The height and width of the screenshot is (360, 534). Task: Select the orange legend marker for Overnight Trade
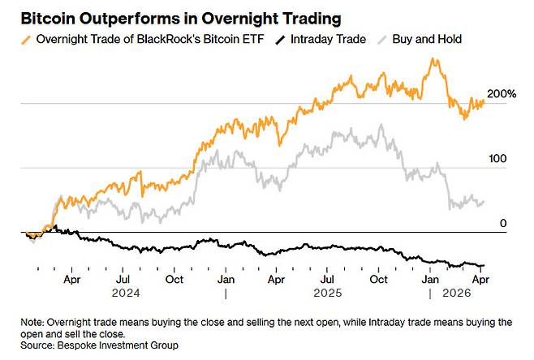tap(28, 38)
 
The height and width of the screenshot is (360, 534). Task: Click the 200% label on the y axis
tap(502, 95)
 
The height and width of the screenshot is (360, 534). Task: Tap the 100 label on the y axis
tap(496, 159)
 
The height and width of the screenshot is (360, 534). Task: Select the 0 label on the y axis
tap(503, 223)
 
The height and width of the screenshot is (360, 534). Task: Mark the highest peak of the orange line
tap(435, 59)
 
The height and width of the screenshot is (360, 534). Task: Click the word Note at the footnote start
tap(32, 322)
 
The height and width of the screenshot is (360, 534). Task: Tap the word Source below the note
tap(39, 345)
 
